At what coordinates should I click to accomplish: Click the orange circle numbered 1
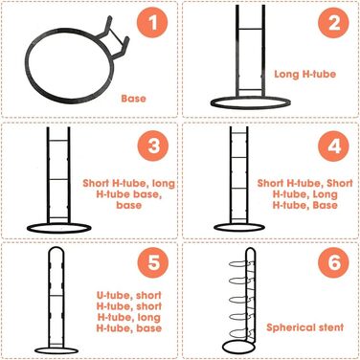[152, 23]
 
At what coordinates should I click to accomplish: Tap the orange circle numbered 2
[333, 23]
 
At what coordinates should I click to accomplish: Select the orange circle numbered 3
[153, 146]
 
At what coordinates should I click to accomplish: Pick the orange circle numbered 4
[333, 146]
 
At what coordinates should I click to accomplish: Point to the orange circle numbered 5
[153, 262]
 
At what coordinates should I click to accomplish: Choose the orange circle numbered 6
[333, 262]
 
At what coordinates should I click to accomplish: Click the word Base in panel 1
[133, 99]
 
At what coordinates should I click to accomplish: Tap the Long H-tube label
[305, 74]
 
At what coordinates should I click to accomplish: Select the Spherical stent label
[305, 327]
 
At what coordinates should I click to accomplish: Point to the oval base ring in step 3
[59, 233]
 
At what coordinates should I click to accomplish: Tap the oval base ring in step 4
[239, 232]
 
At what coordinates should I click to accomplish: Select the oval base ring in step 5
[56, 353]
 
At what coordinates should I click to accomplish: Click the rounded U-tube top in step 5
[56, 248]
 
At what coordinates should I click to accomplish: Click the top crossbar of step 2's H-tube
[251, 29]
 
